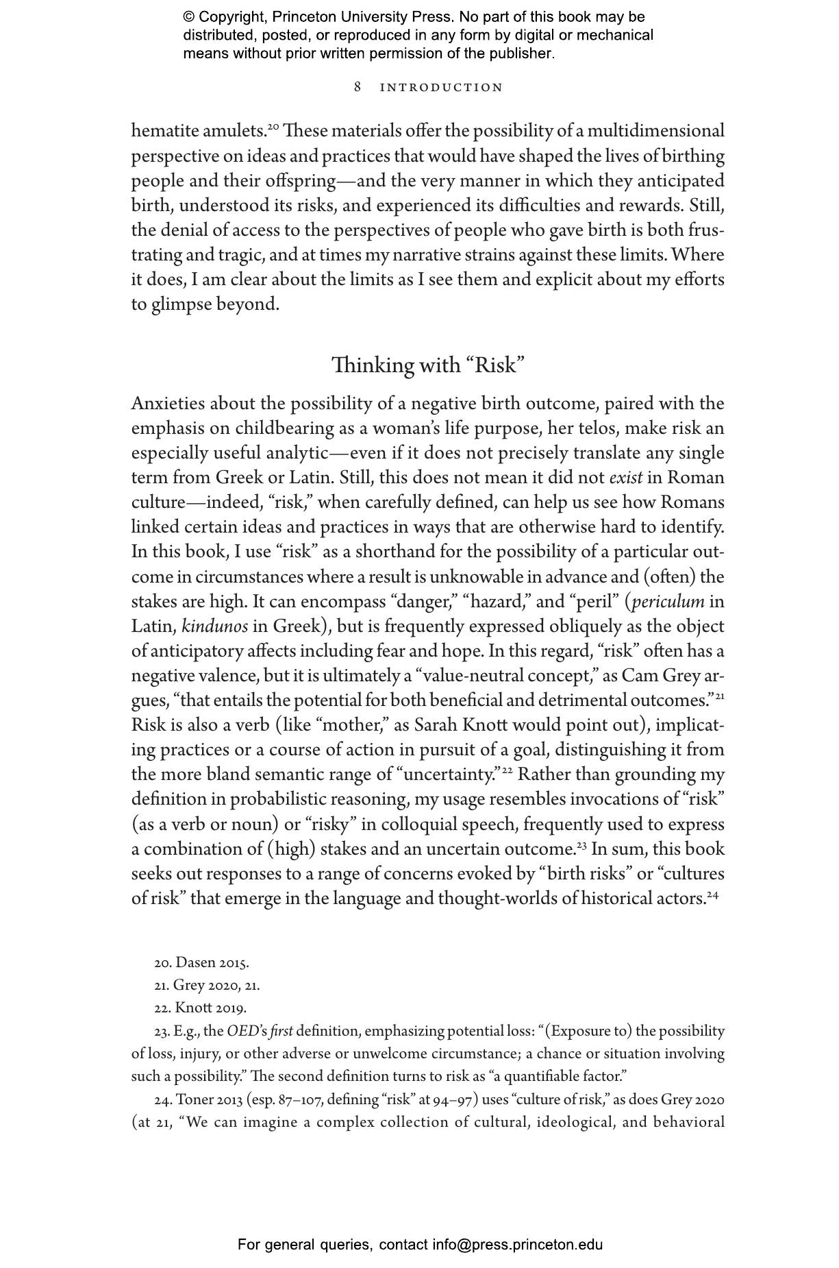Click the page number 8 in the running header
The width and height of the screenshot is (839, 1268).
[358, 87]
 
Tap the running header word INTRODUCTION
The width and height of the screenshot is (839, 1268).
[441, 88]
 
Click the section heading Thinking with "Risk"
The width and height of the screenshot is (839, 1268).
[428, 365]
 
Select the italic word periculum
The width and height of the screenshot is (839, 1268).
[668, 602]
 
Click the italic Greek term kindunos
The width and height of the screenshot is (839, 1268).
[215, 626]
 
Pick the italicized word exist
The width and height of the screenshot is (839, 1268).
[625, 478]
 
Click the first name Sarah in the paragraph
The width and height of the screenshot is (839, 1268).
[437, 725]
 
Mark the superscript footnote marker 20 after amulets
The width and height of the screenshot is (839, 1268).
[273, 127]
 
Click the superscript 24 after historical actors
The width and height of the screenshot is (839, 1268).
[712, 894]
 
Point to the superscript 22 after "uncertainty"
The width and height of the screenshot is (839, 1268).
[508, 770]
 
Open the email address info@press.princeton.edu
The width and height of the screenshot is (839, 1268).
[517, 1244]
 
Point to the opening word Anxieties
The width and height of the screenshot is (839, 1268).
[168, 404]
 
